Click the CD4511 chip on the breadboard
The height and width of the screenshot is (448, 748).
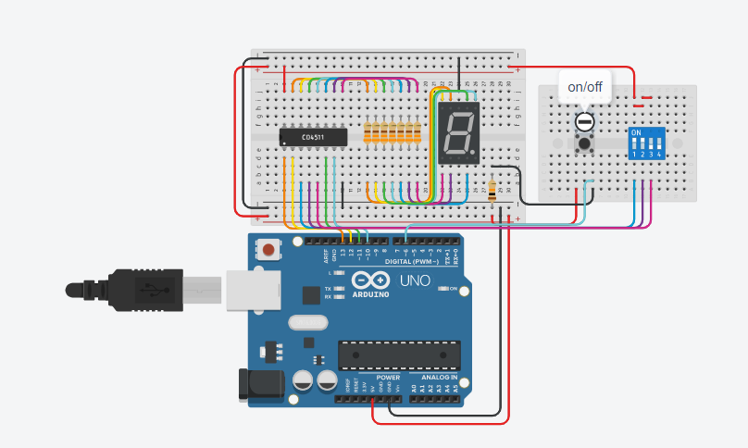click(x=313, y=138)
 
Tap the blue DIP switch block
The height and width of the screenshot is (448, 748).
click(x=647, y=144)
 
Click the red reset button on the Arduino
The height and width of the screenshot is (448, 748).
click(x=269, y=248)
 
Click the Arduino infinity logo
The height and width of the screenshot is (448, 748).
click(x=368, y=281)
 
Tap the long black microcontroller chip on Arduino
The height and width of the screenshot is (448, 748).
click(x=399, y=355)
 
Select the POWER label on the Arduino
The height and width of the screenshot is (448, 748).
click(x=389, y=378)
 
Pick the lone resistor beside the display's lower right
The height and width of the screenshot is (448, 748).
click(x=491, y=192)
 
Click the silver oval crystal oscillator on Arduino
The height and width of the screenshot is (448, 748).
click(x=307, y=323)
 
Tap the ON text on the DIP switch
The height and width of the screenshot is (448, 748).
click(x=636, y=132)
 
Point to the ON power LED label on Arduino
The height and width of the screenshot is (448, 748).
click(x=453, y=290)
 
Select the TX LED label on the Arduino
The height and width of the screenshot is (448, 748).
click(x=329, y=289)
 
